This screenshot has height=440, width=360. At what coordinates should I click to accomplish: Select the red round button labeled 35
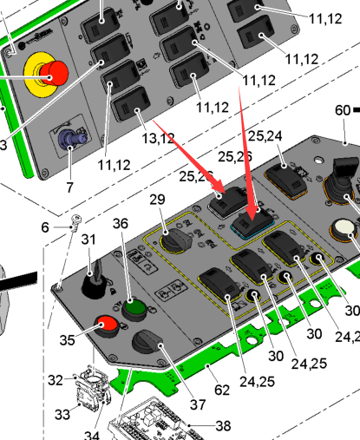tap(107, 325)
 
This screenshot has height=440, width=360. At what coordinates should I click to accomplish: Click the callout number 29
tap(158, 200)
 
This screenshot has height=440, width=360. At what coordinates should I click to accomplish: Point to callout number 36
tap(121, 224)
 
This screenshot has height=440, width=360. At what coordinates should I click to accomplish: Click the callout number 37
tap(198, 404)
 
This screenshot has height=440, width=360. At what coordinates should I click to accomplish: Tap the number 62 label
tap(222, 391)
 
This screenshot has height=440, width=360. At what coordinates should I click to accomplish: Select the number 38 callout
tap(223, 426)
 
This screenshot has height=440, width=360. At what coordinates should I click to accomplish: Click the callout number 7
tap(69, 187)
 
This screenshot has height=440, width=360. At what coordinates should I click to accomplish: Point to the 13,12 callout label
tap(158, 139)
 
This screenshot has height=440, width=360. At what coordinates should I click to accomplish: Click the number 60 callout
tap(343, 110)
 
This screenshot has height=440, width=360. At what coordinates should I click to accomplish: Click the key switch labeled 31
tap(95, 279)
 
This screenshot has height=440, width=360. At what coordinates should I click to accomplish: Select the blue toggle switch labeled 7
tap(71, 138)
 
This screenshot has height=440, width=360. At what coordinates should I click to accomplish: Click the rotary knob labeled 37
tap(147, 342)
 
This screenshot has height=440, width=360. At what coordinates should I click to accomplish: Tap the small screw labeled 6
tap(75, 222)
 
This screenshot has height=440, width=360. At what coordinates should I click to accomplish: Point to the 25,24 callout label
tap(265, 136)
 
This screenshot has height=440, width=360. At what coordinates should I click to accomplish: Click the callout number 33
tap(62, 415)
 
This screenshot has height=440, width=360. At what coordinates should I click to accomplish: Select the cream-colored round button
tap(344, 227)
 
